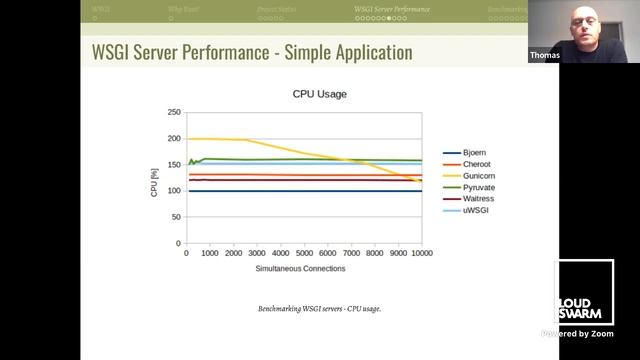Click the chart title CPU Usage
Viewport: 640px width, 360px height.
[x=319, y=94]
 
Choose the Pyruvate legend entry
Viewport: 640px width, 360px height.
[x=479, y=187]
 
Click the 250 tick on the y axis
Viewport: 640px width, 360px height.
[x=175, y=113]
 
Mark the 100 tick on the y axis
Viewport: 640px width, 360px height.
[x=175, y=191]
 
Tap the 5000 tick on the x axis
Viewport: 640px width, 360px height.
[x=304, y=253]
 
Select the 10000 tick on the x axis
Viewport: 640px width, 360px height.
[x=422, y=253]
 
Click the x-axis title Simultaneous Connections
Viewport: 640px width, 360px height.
[x=300, y=268]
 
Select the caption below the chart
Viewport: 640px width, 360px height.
[x=319, y=308]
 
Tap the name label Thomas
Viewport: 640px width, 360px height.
[x=545, y=56]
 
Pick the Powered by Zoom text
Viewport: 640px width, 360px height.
[x=578, y=333]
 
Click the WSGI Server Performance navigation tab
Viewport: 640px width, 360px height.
[x=392, y=9]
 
